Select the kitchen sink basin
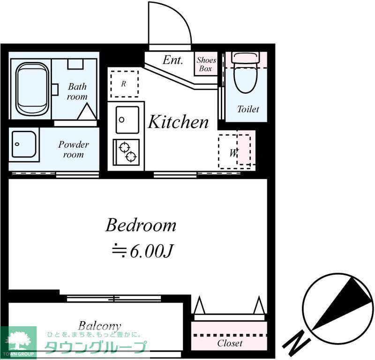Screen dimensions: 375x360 click(127, 120)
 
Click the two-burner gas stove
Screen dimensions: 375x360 click(126, 152)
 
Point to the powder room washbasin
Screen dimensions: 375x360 click(24, 144)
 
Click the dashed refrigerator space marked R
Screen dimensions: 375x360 click(124, 84)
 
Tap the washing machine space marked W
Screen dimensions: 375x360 click(234, 152)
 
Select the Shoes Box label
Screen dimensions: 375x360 click(206, 64)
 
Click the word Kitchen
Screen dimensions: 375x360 click(178, 122)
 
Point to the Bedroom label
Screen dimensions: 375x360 click(141, 225)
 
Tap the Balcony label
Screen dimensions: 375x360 click(99, 326)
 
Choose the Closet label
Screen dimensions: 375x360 click(230, 344)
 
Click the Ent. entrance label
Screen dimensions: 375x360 click(173, 60)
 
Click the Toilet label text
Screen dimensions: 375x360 click(248, 109)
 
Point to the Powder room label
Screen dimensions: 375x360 click(74, 150)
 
